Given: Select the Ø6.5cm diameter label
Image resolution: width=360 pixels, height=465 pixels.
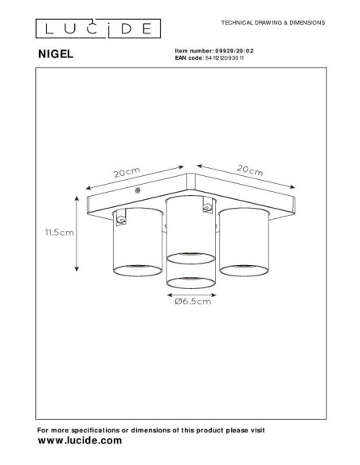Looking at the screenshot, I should (x=191, y=303).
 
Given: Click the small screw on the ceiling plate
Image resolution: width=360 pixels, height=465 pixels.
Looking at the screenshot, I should (x=139, y=191).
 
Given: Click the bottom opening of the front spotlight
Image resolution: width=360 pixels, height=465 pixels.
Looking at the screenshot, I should (x=191, y=283).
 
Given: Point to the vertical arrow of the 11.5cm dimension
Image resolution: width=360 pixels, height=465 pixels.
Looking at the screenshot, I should (x=76, y=233).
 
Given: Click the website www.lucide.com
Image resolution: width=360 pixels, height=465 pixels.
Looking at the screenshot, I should (x=80, y=440).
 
